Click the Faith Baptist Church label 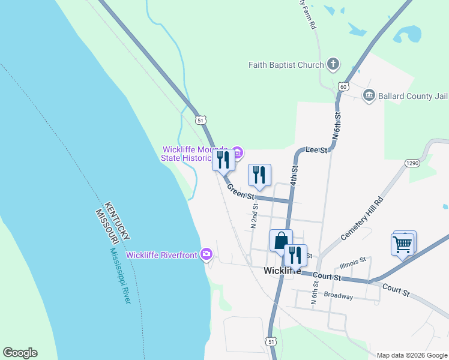click(x=286, y=65)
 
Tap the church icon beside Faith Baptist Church click(x=333, y=64)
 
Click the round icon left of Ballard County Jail click(x=369, y=95)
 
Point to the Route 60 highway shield click(x=343, y=86)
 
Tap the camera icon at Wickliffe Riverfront click(x=206, y=254)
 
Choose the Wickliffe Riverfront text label click(x=161, y=255)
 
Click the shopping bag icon click(x=281, y=241)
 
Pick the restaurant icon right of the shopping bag click(x=295, y=255)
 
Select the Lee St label click(x=316, y=149)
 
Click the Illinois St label click(x=352, y=262)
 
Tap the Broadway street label click(x=339, y=295)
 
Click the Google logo click(x=20, y=353)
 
